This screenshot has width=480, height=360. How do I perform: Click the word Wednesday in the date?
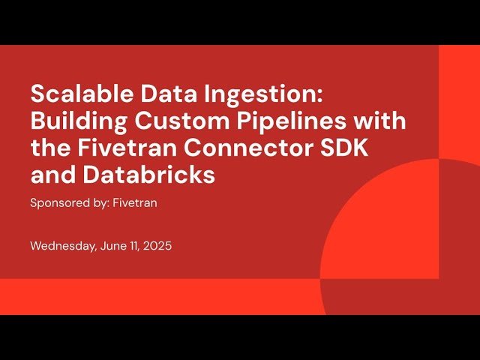click(62, 246)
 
